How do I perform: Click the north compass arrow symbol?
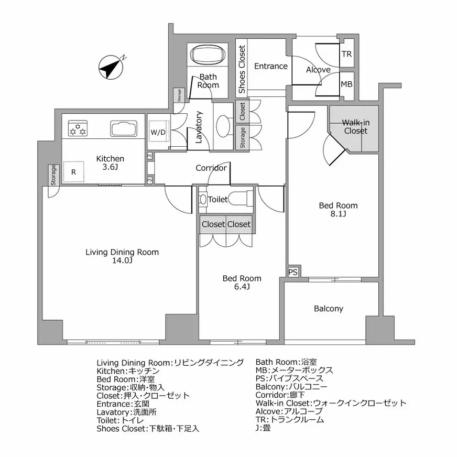pyautogui.click(x=111, y=68)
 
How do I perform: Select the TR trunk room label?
pyautogui.click(x=346, y=55)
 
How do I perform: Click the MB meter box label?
pyautogui.click(x=346, y=84)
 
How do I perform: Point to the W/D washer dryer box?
pyautogui.click(x=158, y=132)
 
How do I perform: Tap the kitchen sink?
pyautogui.click(x=123, y=128)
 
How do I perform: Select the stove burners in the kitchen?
pyautogui.click(x=77, y=128)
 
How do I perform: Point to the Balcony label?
pyautogui.click(x=329, y=309)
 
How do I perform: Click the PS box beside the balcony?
pyautogui.click(x=293, y=272)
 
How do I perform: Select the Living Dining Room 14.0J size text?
pyautogui.click(x=122, y=260)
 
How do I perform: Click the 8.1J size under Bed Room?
pyautogui.click(x=338, y=214)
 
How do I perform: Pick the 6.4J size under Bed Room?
pyautogui.click(x=242, y=287)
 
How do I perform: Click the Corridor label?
pyautogui.click(x=211, y=168)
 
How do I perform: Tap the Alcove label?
pyautogui.click(x=318, y=70)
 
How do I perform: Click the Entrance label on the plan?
pyautogui.click(x=271, y=66)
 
